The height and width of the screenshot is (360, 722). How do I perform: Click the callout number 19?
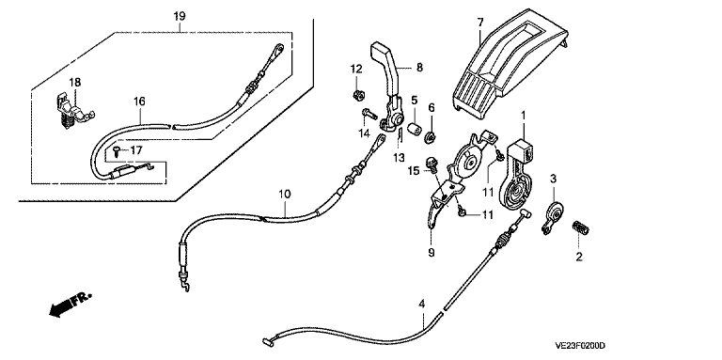point(180,16)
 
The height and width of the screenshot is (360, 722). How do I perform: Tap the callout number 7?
point(480,22)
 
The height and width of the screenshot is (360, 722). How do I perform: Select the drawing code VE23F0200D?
point(580,346)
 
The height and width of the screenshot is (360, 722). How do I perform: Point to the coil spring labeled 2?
point(580,227)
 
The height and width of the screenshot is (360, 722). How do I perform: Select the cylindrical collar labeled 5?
point(415,129)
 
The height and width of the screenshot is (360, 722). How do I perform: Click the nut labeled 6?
point(432,135)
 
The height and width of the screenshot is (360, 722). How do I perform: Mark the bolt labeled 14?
point(369,114)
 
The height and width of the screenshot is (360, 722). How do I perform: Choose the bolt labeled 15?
point(432,163)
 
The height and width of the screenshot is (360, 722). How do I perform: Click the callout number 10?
point(285,194)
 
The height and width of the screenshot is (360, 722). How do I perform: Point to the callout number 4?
point(422,304)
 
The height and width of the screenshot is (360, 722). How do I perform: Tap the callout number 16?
point(139,102)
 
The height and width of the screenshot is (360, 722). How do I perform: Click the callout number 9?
point(432,253)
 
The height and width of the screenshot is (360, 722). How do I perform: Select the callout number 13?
point(399,158)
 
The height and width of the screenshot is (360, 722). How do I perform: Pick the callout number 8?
point(419,68)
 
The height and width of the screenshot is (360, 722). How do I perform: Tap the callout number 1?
point(523,114)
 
